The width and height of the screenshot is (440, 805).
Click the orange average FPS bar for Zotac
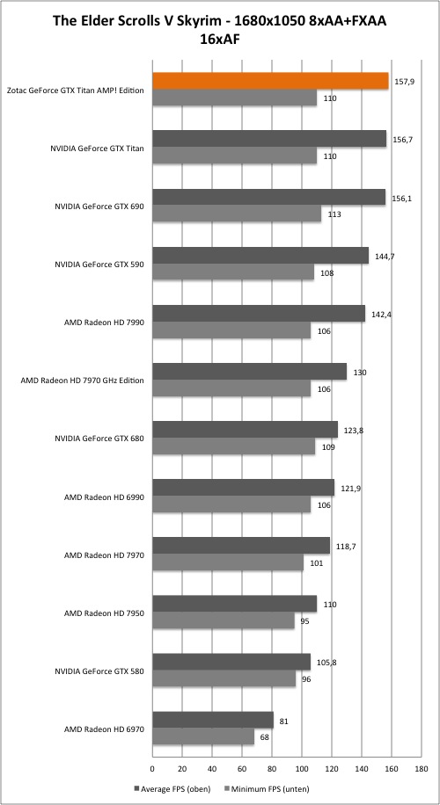click(x=270, y=81)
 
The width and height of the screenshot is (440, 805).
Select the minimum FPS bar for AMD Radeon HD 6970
click(x=203, y=736)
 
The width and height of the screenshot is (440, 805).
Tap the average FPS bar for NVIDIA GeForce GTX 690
click(x=268, y=197)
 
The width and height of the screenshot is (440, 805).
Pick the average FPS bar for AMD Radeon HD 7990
click(x=259, y=314)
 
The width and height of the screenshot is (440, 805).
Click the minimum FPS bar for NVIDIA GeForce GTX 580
click(x=224, y=678)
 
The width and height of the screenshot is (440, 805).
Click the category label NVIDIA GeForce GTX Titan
click(x=97, y=149)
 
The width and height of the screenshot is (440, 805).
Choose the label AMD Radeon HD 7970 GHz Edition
click(x=82, y=381)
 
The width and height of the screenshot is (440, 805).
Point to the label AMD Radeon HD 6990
click(x=104, y=497)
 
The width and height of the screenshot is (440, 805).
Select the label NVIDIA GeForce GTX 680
click(x=99, y=439)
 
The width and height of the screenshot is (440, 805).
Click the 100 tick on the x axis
click(x=302, y=769)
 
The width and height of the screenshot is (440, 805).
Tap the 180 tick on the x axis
click(x=422, y=769)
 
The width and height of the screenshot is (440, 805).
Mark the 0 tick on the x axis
click(x=152, y=769)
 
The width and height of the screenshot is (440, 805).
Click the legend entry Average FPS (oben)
click(x=172, y=788)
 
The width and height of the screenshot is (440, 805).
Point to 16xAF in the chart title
click(x=219, y=39)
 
